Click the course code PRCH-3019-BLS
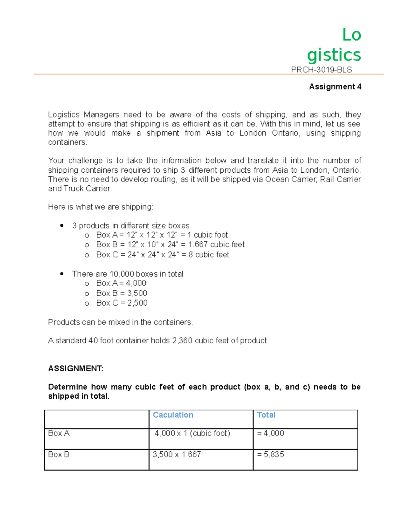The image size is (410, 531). (321, 70)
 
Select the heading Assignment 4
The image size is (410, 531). (335, 87)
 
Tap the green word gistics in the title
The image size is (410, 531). (334, 55)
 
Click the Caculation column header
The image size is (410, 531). (173, 415)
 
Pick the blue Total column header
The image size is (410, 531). (266, 415)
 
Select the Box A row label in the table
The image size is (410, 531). (59, 433)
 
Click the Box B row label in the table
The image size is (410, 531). (59, 454)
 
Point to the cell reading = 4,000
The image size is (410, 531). (270, 433)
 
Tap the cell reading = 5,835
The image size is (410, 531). (270, 454)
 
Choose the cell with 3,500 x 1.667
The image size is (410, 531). (177, 454)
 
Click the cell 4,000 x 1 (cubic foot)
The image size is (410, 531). (192, 433)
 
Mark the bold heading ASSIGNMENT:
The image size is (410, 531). (76, 369)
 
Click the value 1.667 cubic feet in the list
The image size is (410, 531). (216, 244)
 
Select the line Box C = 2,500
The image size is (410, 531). (122, 303)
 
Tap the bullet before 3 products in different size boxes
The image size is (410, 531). (62, 226)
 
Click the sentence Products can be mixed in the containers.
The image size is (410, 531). (120, 322)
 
